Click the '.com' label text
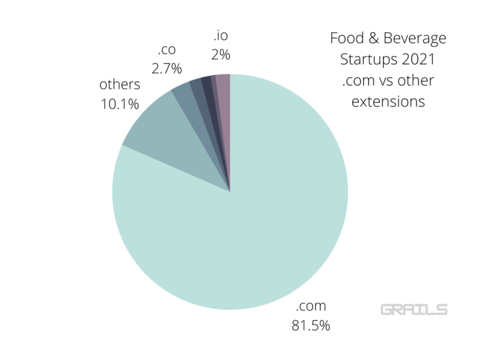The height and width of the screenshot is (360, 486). (x=310, y=307)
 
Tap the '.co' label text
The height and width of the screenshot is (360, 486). (x=165, y=50)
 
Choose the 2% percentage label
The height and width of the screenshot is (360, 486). (x=220, y=54)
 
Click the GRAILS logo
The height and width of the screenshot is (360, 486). (x=414, y=309)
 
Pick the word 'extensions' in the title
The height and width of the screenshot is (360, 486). (x=387, y=101)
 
